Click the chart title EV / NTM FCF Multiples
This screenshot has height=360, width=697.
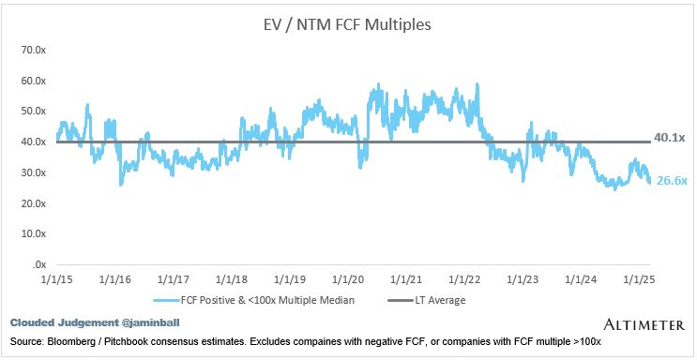click(345, 25)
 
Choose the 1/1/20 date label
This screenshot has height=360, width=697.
click(349, 280)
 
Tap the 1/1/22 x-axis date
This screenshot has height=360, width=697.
click(464, 280)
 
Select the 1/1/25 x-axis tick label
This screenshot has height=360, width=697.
click(638, 280)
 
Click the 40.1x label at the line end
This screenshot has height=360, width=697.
click(670, 138)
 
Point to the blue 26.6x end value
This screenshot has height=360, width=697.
click(672, 181)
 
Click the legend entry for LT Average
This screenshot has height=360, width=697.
click(427, 300)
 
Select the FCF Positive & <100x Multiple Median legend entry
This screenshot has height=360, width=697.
click(254, 300)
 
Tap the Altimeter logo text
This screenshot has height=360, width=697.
click(644, 325)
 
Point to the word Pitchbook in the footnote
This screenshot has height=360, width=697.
click(111, 342)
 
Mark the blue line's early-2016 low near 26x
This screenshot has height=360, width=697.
click(121, 185)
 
